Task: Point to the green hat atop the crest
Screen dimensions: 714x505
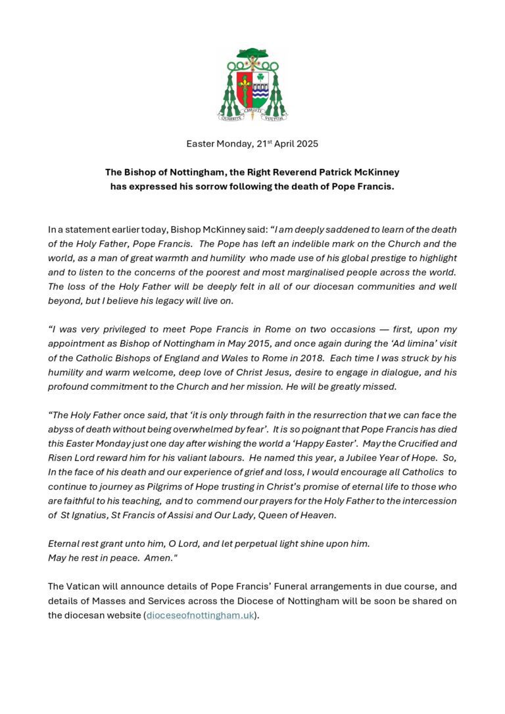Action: (x=252, y=54)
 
